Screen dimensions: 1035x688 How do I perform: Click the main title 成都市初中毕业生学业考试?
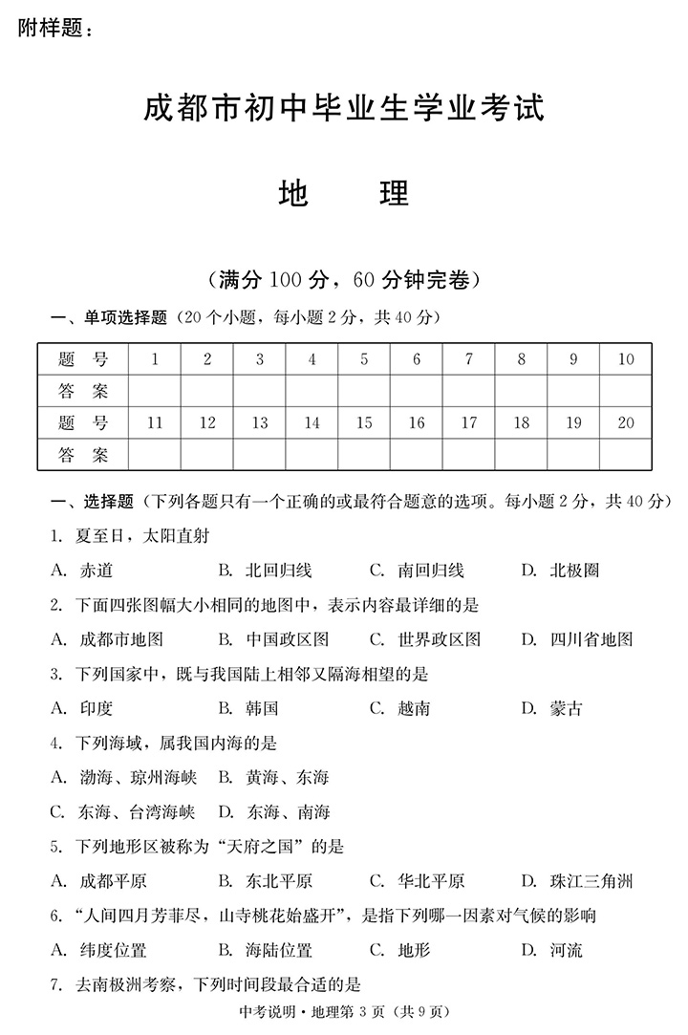point(343,108)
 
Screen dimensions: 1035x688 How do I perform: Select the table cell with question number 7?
point(468,359)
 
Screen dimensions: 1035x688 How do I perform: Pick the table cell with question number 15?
point(364,422)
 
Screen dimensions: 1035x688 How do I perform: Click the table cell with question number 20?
point(626,422)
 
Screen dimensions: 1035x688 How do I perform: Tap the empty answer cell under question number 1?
point(155,391)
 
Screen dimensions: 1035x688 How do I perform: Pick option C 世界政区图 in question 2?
point(424,639)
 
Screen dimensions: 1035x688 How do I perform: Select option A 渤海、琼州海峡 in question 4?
point(123,777)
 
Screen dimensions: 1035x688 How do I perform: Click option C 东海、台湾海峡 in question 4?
point(123,812)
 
